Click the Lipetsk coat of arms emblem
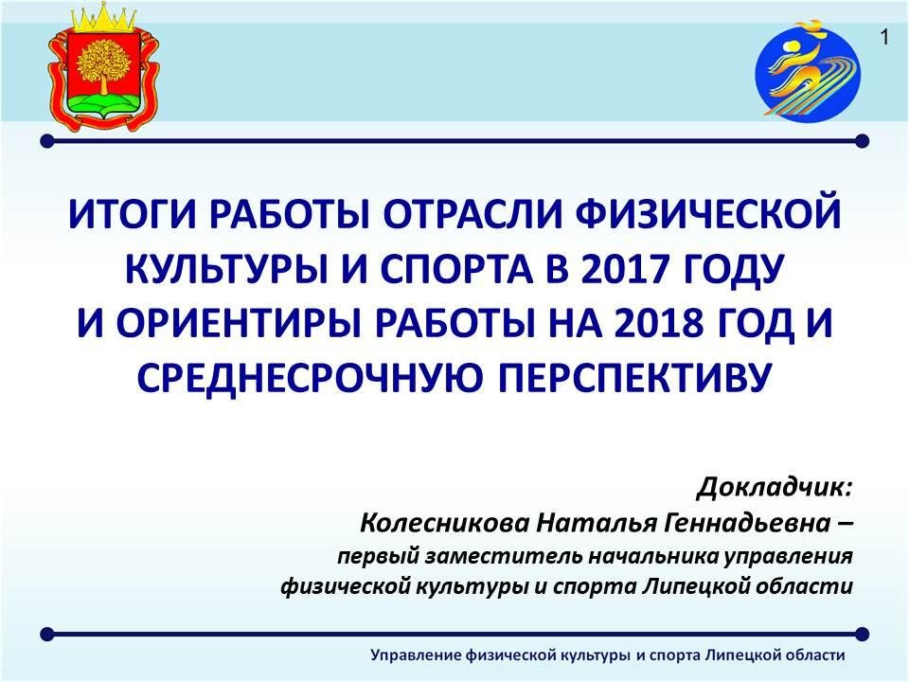102,65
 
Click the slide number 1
884,38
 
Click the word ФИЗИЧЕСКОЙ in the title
708,214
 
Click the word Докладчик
774,488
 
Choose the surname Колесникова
445,523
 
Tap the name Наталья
596,524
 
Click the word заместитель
504,556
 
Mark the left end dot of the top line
47,141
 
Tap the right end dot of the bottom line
862,634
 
